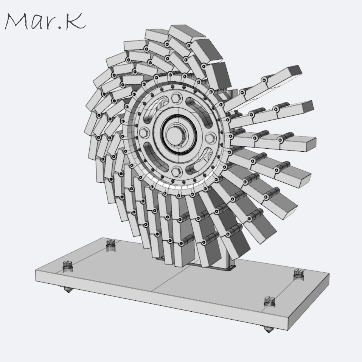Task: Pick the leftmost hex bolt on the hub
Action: (x=143, y=133)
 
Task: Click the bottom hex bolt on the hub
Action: (x=176, y=171)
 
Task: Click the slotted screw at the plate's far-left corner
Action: (x=67, y=266)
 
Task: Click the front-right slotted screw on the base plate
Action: (x=269, y=301)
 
